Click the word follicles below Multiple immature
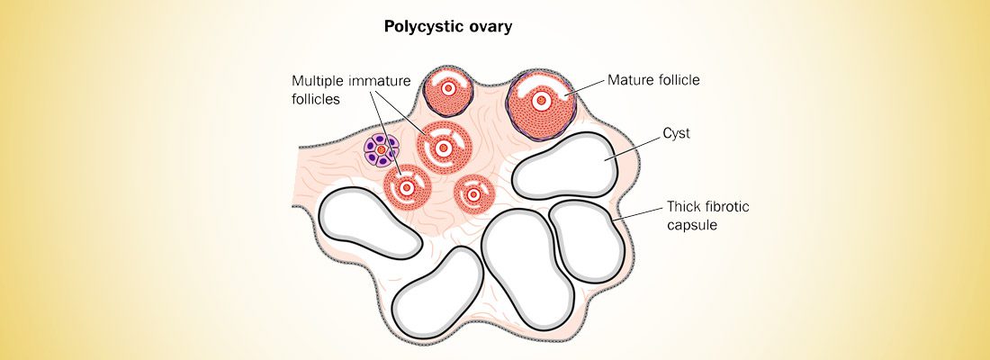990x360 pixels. tap(315, 100)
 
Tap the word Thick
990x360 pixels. tap(685, 207)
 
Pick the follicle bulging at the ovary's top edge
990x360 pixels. tap(449, 89)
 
